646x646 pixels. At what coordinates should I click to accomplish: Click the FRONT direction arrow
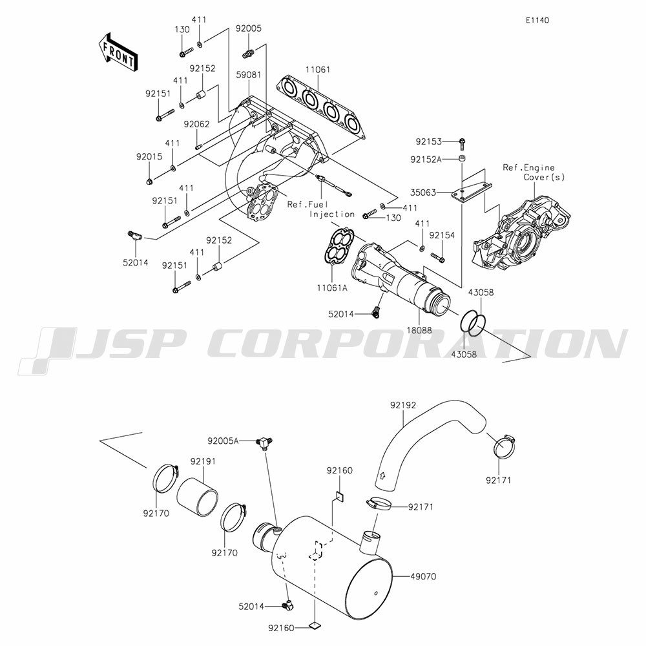tap(117, 52)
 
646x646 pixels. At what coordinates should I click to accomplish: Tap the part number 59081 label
tap(248, 75)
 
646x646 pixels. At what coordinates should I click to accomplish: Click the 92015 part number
tap(149, 157)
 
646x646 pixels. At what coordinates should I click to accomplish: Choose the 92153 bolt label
tap(428, 141)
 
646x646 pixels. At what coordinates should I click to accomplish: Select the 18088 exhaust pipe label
tap(419, 330)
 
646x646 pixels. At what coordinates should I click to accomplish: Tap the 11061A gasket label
tap(332, 287)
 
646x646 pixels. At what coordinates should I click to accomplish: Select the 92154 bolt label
tap(442, 236)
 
